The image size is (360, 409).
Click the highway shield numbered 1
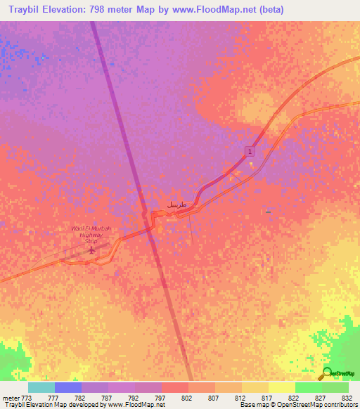(250, 151)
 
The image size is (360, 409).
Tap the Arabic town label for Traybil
(177, 204)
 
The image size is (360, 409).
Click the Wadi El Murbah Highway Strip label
(91, 234)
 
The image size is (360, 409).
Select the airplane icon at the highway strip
(91, 249)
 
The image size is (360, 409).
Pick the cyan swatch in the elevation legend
(41, 387)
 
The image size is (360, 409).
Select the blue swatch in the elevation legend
(67, 387)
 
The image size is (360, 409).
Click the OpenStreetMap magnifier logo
(327, 373)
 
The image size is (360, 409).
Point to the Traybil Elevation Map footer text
(35, 405)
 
